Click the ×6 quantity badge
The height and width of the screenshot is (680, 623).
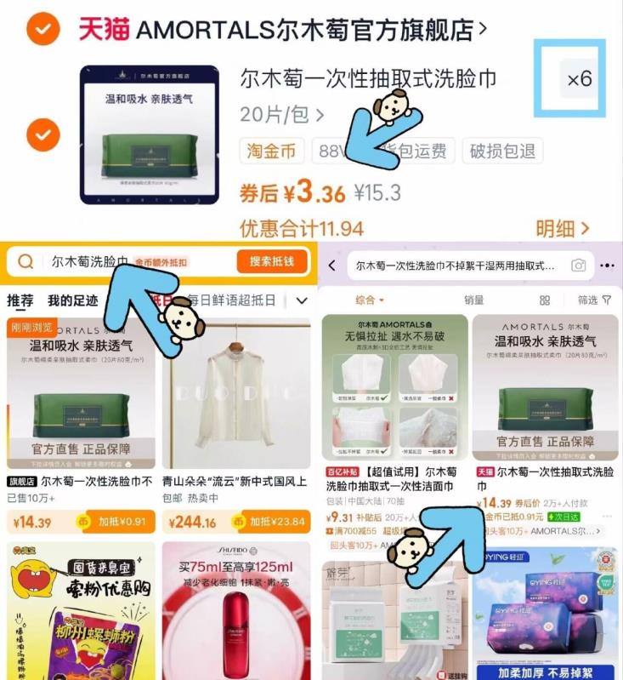coord(580,79)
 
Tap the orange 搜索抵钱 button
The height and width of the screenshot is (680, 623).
coord(271,262)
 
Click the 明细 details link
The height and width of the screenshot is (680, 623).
coord(562,228)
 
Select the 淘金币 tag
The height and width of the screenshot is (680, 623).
coord(271,151)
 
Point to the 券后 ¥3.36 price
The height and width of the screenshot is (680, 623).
coord(292,193)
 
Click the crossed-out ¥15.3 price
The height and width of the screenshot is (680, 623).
coord(377,193)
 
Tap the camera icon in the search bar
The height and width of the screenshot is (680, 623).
coord(579,266)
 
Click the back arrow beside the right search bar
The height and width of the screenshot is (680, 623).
coord(332,266)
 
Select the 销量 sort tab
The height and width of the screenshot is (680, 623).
coord(473,300)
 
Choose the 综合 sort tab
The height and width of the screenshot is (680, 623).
coord(369,300)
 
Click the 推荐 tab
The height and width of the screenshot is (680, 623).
coord(20,300)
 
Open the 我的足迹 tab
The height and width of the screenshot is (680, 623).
coord(72,300)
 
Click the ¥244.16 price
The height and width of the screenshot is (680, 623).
coord(193,523)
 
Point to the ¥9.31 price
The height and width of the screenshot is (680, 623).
coord(340,517)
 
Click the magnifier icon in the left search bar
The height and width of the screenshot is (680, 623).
coord(26,262)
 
